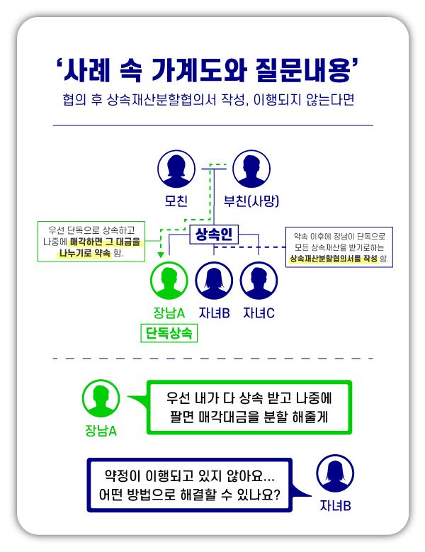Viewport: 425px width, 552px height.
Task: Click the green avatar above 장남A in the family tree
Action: pos(169,281)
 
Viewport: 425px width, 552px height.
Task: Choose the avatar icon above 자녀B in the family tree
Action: pos(214,281)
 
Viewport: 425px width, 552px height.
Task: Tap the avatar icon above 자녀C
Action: pos(259,281)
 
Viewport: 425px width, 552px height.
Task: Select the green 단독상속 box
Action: pos(169,333)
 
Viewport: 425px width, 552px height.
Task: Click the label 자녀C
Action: pos(259,312)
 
